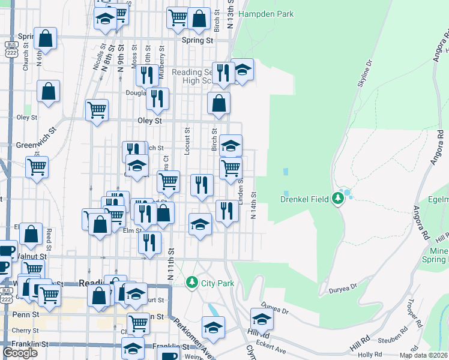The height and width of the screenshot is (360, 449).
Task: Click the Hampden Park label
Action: point(266,14)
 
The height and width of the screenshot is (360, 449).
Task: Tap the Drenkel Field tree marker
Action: point(338,197)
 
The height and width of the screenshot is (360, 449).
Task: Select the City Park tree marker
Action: point(192,281)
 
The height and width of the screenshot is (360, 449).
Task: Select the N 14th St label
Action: point(254,206)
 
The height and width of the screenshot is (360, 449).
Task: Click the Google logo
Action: point(20,353)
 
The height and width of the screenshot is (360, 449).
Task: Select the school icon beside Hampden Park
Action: point(242,70)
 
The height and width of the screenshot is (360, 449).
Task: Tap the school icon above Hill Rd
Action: point(262,318)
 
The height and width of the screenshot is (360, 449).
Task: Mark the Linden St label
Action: point(241,190)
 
